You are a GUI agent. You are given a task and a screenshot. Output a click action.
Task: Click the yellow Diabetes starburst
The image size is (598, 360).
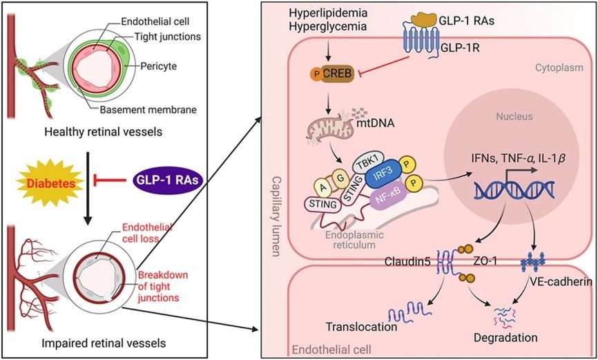[x=57, y=185]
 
